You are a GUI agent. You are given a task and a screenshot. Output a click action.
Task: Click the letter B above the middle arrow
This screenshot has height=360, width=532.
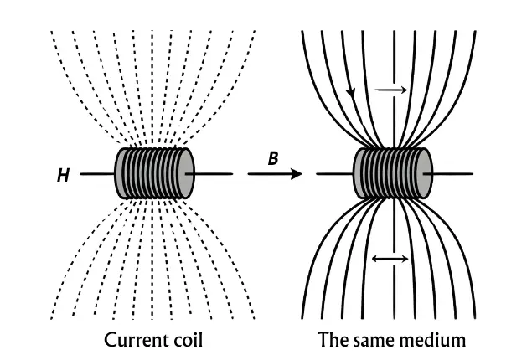[x=272, y=158]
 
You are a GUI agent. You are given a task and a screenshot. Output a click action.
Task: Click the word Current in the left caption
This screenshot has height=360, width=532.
[x=134, y=341]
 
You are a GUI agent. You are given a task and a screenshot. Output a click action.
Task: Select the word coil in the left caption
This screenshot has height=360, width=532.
[x=183, y=341]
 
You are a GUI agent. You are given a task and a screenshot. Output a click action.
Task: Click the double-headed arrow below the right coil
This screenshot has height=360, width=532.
[x=390, y=259]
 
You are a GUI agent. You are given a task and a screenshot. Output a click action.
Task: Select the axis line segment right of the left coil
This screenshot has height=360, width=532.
[x=214, y=174]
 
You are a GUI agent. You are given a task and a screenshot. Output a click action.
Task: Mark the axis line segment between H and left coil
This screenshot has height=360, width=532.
[x=96, y=174]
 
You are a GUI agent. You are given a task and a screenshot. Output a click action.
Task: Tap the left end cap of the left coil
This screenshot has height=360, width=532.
[x=121, y=174]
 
